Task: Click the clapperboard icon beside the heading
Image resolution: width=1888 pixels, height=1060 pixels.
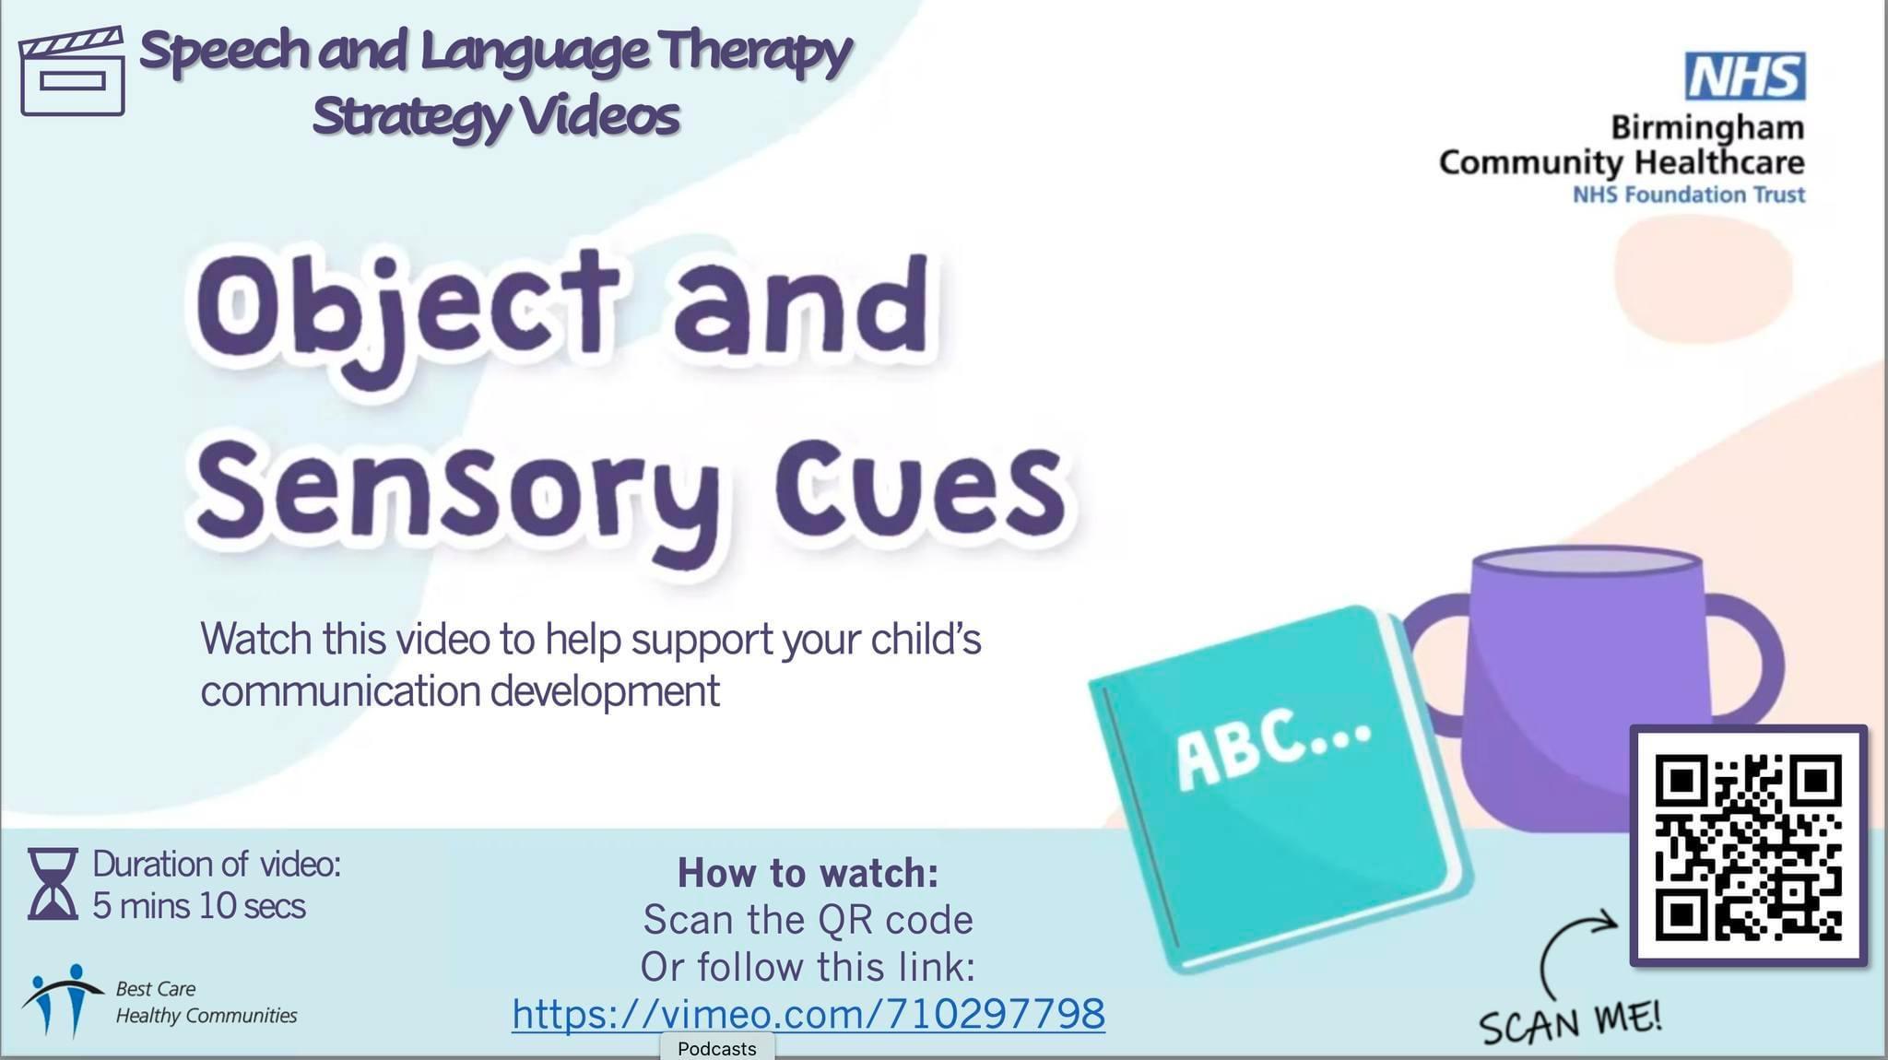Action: point(72,72)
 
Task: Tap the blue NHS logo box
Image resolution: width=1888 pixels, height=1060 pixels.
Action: point(1745,76)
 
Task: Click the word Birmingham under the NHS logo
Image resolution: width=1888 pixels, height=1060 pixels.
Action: point(1707,127)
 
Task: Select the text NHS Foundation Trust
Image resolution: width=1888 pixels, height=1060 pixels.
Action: point(1688,194)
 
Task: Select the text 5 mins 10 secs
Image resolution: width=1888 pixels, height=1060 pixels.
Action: point(199,906)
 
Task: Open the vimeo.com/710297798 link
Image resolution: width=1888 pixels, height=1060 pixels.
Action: point(808,1014)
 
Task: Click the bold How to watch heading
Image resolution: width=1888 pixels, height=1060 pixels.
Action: point(808,873)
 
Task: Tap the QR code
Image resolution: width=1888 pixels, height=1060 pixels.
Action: point(1749,846)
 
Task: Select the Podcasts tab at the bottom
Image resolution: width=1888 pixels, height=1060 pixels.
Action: point(717,1048)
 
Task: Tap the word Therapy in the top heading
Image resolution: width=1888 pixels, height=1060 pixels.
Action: point(755,51)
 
